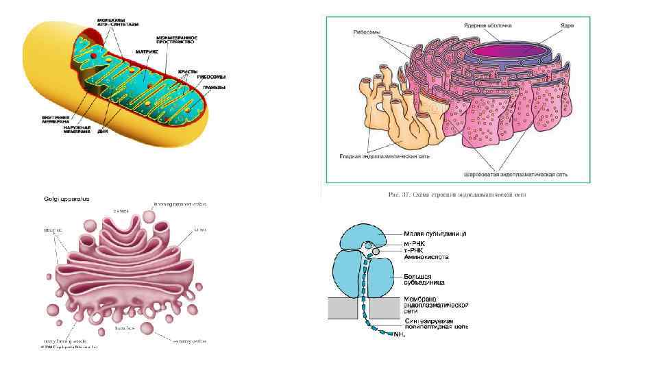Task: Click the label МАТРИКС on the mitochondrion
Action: tap(148, 51)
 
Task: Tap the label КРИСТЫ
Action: tap(188, 71)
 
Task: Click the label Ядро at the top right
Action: tap(566, 25)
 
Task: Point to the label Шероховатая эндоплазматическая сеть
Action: tap(515, 174)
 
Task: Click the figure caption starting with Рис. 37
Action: tap(461, 195)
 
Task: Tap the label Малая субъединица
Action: tap(436, 233)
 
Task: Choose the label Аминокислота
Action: tap(426, 258)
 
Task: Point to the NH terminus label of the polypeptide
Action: tap(400, 335)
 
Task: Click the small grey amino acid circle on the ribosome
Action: tap(375, 253)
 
